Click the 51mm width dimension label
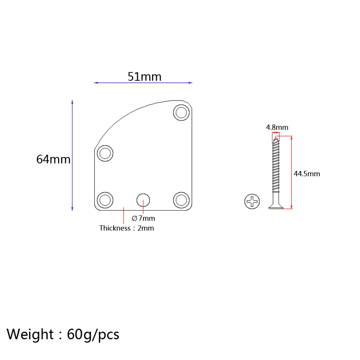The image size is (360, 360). click(144, 77)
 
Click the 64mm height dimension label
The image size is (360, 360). click(54, 159)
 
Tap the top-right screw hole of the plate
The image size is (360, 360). click(181, 113)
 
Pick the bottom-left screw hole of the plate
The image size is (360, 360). click(105, 199)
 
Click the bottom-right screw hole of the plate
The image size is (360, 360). click(181, 199)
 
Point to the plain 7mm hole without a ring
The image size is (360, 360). click(143, 199)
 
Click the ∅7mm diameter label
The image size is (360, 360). click(143, 218)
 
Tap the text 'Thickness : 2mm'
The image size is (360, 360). click(126, 228)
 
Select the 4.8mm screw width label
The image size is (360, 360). click(277, 127)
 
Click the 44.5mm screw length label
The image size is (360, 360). click(306, 174)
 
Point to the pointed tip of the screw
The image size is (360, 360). click(276, 138)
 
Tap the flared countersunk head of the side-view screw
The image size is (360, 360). click(276, 205)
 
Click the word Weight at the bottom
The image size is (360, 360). click(30, 334)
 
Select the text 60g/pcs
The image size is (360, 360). click(93, 334)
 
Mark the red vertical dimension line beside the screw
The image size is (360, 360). click(291, 158)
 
